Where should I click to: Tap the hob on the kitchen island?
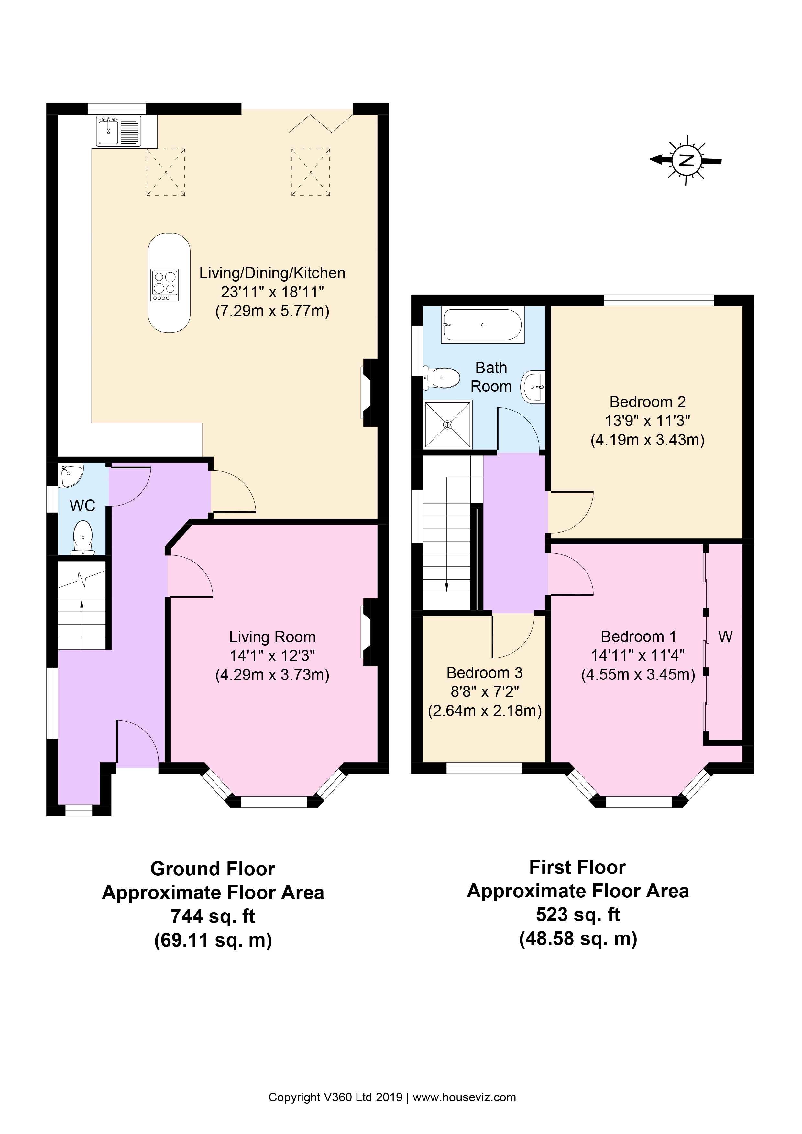coord(165,285)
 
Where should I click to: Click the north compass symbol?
coord(686,160)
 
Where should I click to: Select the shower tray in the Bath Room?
coord(448,424)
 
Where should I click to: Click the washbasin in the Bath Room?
coord(534,387)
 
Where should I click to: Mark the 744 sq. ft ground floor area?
coord(213,916)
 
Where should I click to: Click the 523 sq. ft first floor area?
coord(578,914)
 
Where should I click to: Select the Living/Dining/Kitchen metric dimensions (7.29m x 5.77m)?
coord(272,311)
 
